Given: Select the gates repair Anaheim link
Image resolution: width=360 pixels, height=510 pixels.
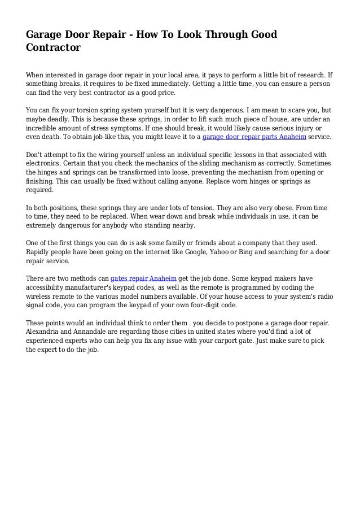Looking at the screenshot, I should click(x=143, y=278).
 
